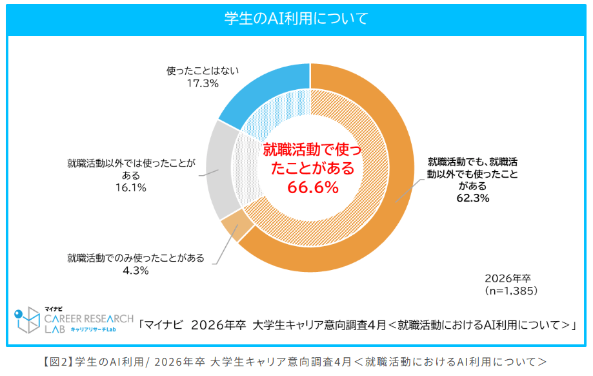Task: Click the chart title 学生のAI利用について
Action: (x=296, y=18)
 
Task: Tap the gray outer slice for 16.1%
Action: (x=221, y=171)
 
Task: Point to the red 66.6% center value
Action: (x=313, y=187)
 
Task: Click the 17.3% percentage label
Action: (x=203, y=83)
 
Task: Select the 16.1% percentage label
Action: (x=131, y=187)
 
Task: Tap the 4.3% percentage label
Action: (x=136, y=270)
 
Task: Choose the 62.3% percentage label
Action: (x=473, y=198)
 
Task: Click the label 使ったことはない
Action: (x=203, y=71)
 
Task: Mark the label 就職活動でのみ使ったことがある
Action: (x=136, y=258)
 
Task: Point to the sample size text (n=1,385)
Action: (x=511, y=291)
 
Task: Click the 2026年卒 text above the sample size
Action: (x=508, y=278)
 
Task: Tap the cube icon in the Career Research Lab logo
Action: (x=27, y=320)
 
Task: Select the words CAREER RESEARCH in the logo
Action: (x=89, y=319)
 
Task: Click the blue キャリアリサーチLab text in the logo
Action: (x=94, y=329)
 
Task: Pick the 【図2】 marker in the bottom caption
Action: (x=57, y=362)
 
